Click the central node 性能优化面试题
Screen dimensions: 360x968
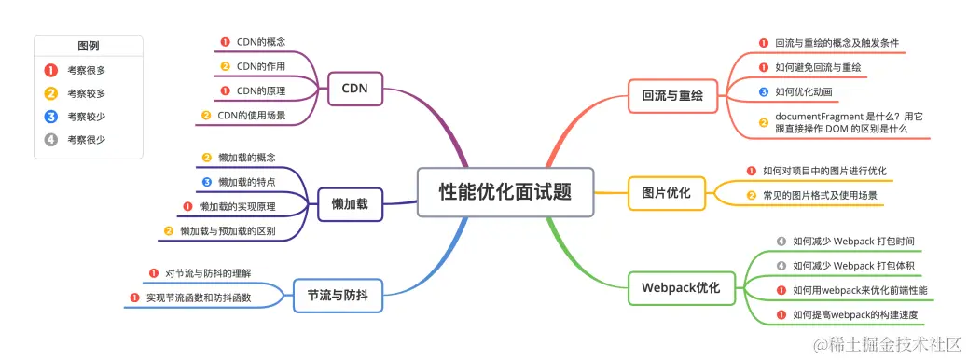click(x=505, y=192)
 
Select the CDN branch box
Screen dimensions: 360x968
click(x=354, y=90)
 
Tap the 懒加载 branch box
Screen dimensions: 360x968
click(x=350, y=203)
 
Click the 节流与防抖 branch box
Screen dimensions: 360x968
click(x=337, y=295)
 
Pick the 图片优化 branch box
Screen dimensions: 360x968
click(x=666, y=193)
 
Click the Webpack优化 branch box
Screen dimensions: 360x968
click(x=681, y=287)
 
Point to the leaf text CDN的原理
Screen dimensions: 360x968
click(x=260, y=91)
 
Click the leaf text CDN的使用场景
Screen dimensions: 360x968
click(x=251, y=116)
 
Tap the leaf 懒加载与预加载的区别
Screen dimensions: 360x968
click(x=228, y=230)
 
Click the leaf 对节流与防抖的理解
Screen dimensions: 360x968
click(x=207, y=274)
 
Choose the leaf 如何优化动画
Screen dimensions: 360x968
click(x=803, y=92)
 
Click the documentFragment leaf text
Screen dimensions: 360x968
click(x=848, y=122)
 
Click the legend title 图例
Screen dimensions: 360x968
click(x=89, y=46)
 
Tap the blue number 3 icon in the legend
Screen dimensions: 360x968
click(x=51, y=117)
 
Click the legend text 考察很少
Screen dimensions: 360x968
click(x=86, y=140)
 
